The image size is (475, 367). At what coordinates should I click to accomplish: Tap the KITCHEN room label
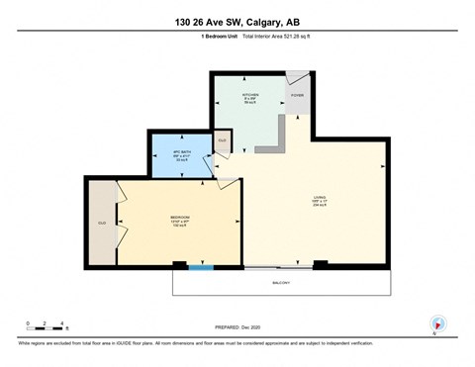point(251,97)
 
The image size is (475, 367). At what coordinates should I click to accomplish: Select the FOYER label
point(297,95)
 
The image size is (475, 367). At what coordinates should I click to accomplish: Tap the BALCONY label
point(281,283)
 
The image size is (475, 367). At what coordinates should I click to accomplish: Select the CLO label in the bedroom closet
point(101,224)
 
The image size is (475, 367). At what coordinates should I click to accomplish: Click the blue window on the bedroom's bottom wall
point(201,266)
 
